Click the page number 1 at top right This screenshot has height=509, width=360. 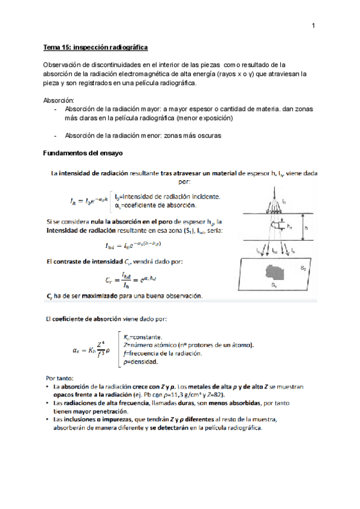[313, 26]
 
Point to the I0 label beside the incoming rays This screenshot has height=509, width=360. [284, 202]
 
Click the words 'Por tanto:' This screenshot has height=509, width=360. [59, 378]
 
